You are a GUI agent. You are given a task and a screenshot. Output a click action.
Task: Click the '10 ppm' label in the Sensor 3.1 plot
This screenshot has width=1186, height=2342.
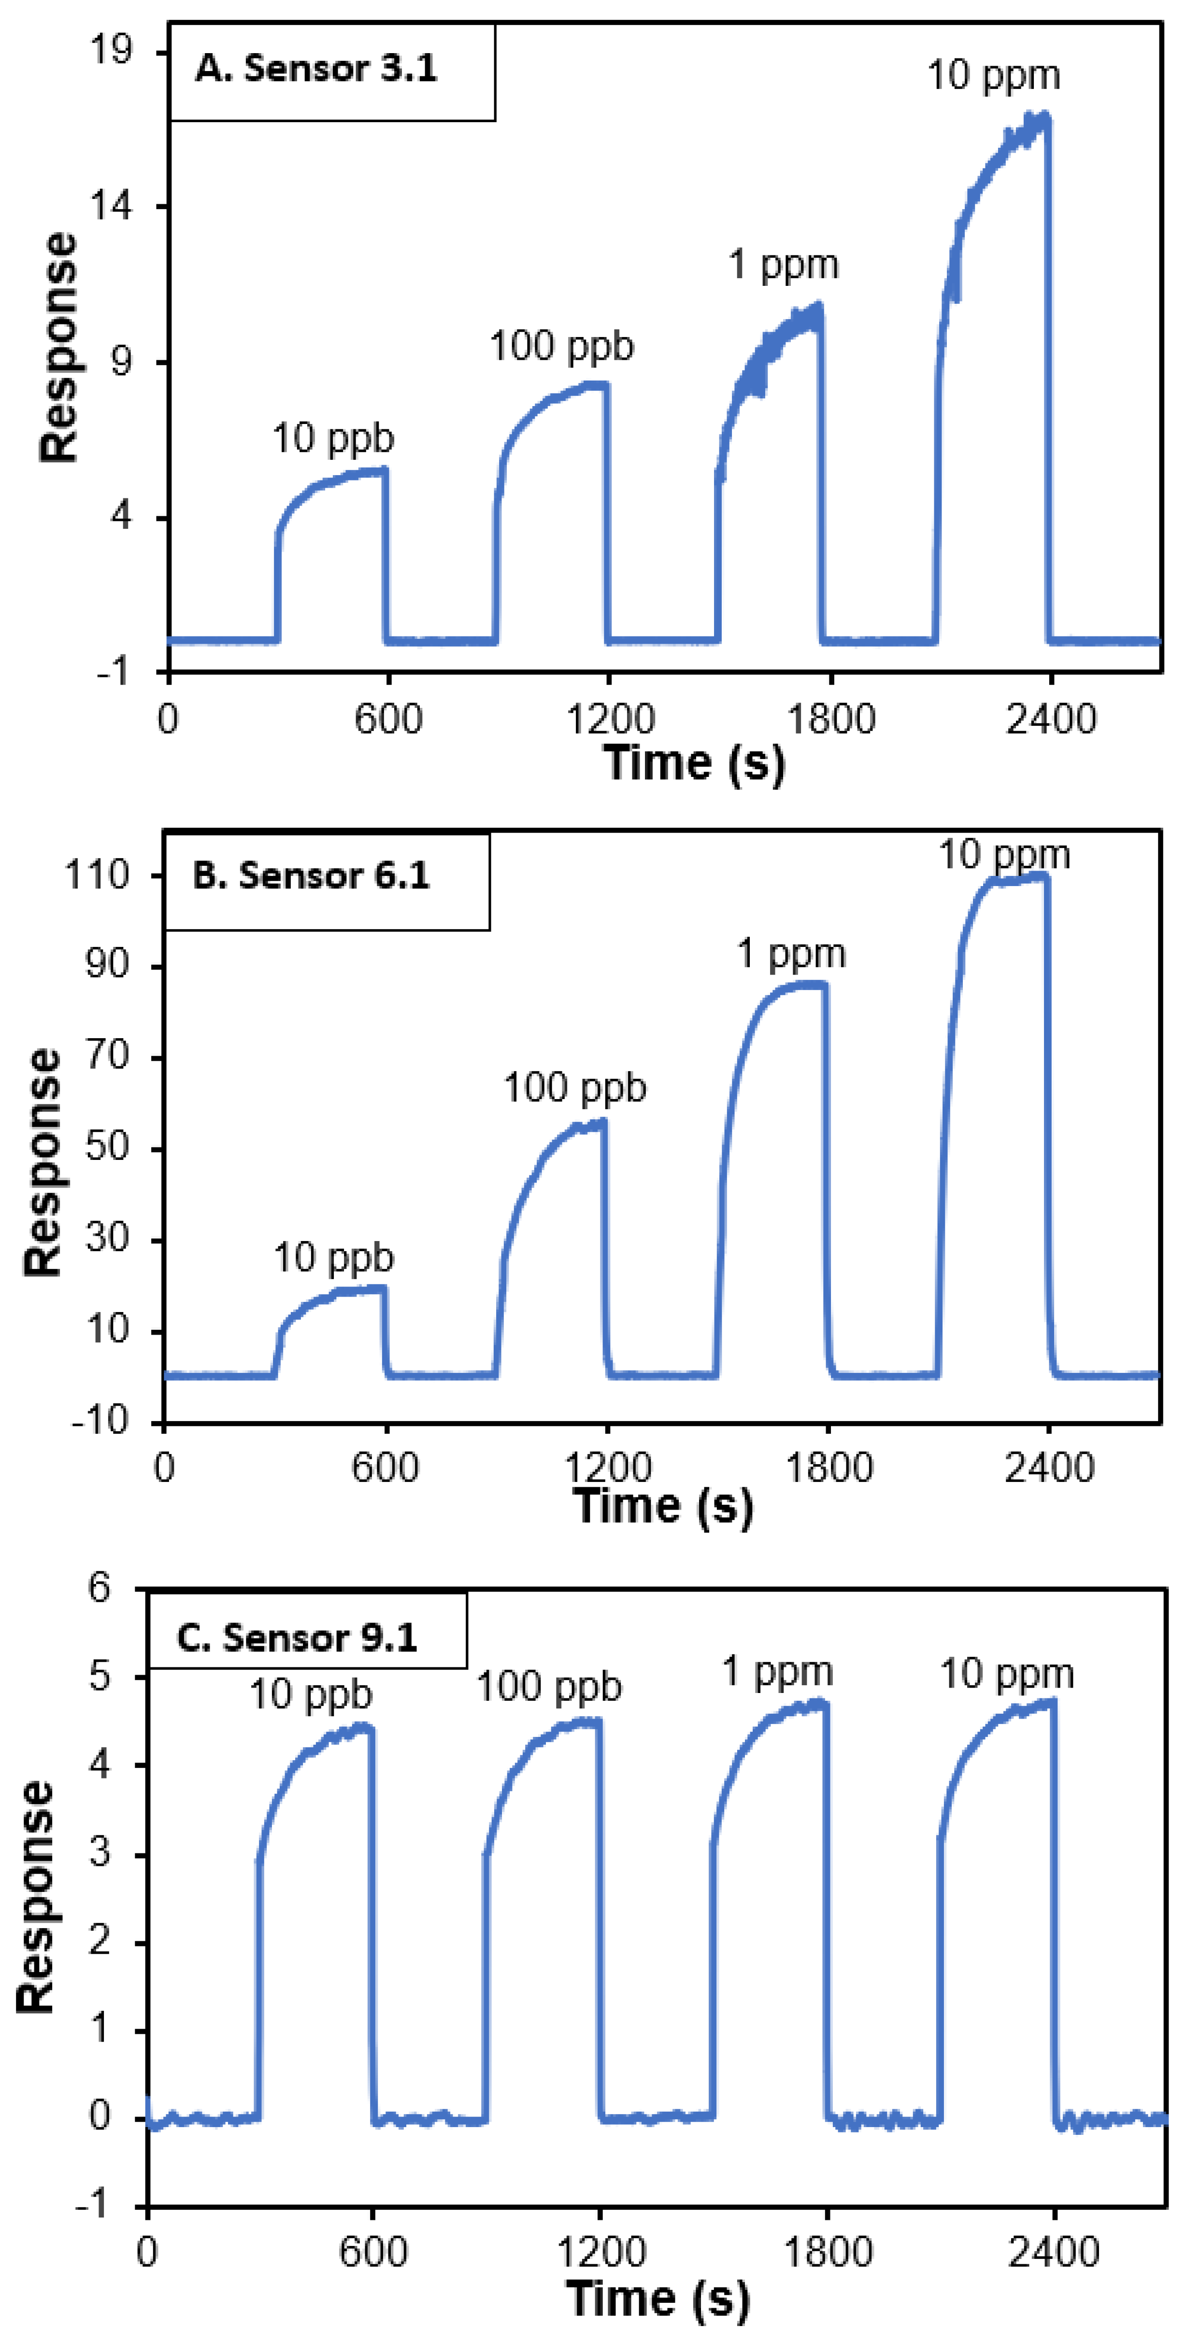[x=993, y=75]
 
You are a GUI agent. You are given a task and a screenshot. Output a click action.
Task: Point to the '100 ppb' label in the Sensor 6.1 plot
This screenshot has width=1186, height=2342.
[x=575, y=1087]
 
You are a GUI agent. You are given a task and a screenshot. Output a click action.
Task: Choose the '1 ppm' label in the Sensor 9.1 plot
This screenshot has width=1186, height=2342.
[x=778, y=1671]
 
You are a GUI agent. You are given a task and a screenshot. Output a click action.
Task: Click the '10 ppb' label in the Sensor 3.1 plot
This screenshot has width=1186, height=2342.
[x=333, y=438]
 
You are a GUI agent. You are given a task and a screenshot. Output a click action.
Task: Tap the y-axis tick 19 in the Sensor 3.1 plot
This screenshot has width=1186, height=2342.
[x=111, y=51]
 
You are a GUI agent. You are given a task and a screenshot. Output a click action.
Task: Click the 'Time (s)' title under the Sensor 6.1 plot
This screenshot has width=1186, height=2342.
[x=663, y=1506]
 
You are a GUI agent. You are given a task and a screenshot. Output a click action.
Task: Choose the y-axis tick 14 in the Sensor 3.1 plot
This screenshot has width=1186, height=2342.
[x=111, y=206]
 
